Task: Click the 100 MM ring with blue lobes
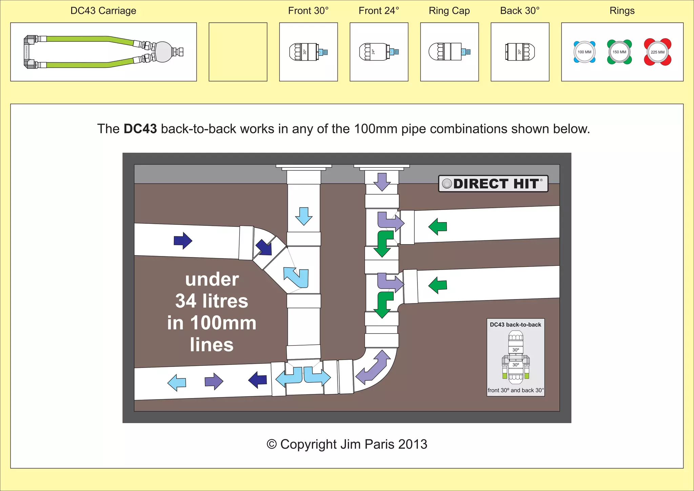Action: [x=584, y=52]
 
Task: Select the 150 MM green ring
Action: [x=619, y=52]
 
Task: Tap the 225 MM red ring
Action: [x=657, y=52]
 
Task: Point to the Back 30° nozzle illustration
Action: [x=520, y=52]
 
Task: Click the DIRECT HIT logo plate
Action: [x=493, y=184]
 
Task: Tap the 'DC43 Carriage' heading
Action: [x=103, y=11]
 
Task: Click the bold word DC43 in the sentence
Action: [x=140, y=129]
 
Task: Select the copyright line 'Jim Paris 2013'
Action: [x=347, y=444]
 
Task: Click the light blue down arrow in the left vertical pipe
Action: [x=304, y=216]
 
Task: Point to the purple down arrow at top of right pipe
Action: [x=382, y=182]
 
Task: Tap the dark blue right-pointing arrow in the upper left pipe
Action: [x=183, y=241]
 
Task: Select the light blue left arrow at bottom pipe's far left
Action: [x=177, y=382]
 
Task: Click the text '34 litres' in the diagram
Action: [x=212, y=301]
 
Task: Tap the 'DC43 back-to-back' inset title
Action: [x=515, y=325]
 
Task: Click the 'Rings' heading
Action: [x=622, y=11]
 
